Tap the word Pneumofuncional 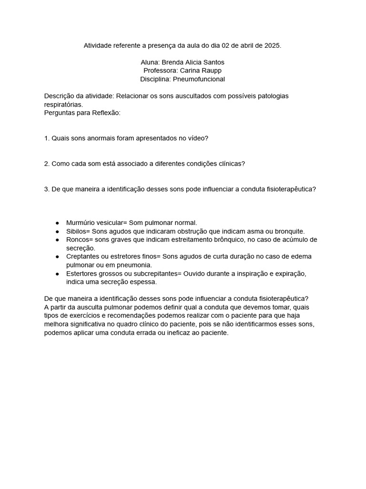[199, 79]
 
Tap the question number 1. [46, 138]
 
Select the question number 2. [46, 163]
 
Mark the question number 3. [46, 189]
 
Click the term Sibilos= [78, 231]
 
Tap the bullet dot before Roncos [57, 240]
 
